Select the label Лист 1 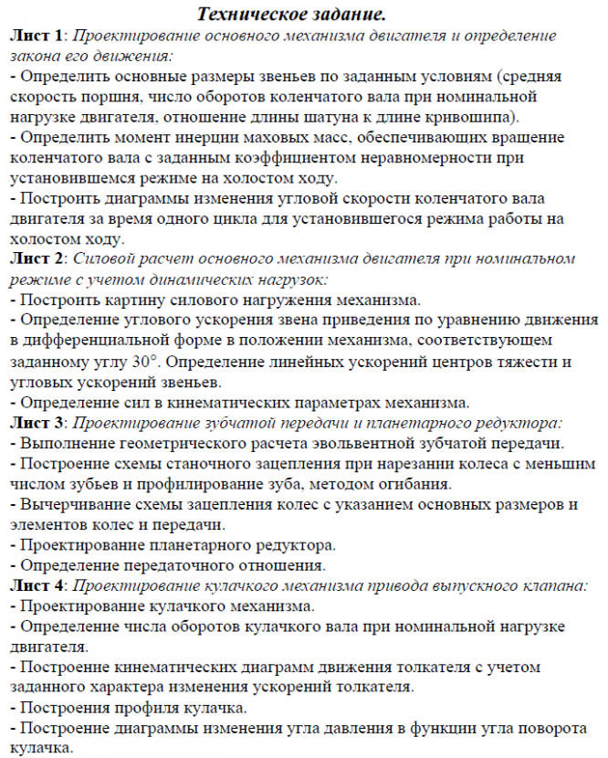point(37,37)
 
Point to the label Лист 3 point(37,423)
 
